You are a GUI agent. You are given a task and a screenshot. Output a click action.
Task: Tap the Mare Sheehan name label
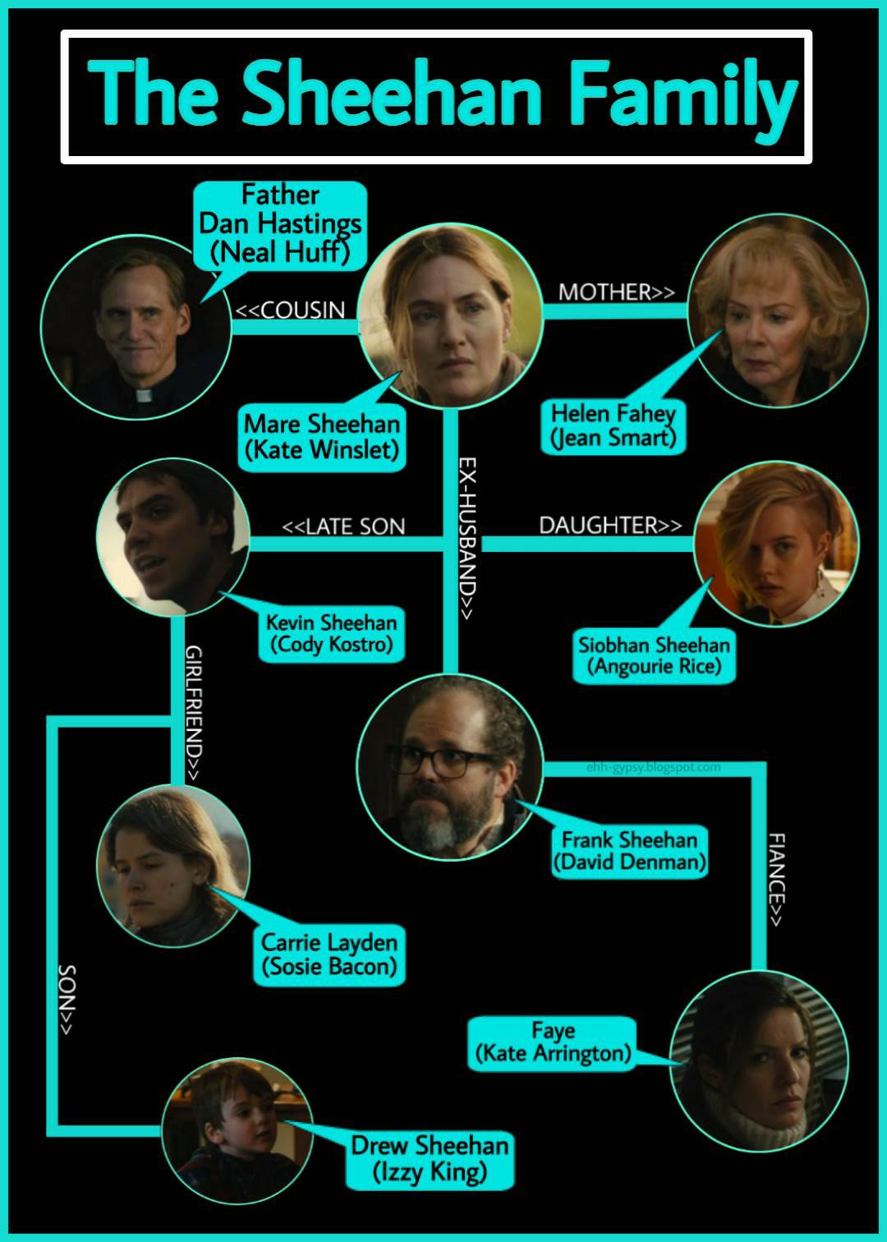pos(322,437)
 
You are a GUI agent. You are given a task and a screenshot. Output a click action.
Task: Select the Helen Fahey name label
pos(613,425)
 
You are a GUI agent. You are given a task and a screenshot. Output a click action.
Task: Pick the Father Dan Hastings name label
pos(280,223)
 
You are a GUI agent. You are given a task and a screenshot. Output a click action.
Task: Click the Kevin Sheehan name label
pos(331,633)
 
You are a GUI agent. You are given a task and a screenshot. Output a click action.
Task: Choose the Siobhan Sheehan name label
pos(654,655)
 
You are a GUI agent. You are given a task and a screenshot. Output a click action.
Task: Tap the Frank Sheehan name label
pos(629,851)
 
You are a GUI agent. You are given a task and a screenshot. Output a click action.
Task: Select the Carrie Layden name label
pos(329,954)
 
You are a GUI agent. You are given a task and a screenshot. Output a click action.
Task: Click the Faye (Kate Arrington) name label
pos(553,1042)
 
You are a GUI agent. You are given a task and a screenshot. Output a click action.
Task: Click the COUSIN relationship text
pos(291,310)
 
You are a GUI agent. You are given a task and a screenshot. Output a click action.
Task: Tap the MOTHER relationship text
pos(616,292)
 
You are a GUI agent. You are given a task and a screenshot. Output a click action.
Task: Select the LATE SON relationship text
pos(343,526)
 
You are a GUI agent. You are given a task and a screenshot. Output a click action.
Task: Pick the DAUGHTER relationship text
pos(609,525)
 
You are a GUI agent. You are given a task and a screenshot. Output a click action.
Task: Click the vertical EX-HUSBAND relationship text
pos(466,538)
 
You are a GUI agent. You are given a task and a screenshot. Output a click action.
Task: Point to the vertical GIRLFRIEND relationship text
pos(194,713)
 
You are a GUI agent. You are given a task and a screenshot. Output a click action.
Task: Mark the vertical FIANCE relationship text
pos(776,879)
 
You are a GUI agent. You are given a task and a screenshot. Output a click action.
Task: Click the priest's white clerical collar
pos(145,395)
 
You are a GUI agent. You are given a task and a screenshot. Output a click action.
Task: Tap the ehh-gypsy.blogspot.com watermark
pos(654,767)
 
